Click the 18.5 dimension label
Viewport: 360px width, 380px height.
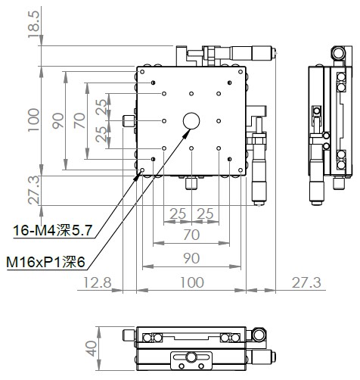pos(33,24)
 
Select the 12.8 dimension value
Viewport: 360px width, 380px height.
pos(97,282)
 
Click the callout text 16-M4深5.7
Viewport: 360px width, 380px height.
pos(52,230)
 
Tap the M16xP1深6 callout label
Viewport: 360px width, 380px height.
pos(45,262)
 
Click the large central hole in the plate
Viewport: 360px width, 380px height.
pos(191,121)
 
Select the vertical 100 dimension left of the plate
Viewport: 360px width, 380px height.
pos(33,120)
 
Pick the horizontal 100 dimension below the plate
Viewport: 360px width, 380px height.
pos(192,282)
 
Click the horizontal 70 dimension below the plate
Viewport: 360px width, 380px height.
pos(191,235)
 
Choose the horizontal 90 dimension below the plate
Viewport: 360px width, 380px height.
pos(191,258)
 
